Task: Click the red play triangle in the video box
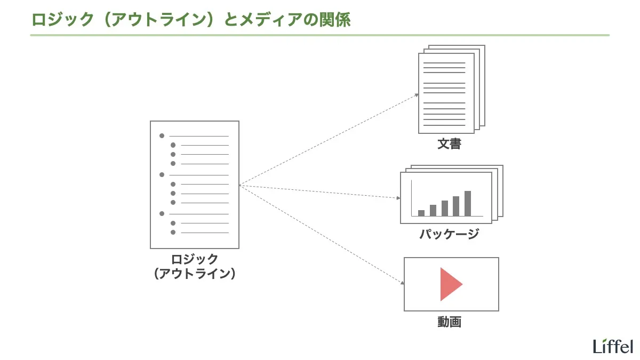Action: (x=449, y=284)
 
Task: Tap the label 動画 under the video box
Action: (x=449, y=322)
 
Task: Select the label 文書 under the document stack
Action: (x=449, y=144)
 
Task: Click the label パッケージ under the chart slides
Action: (x=449, y=234)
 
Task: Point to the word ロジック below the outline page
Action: (x=195, y=259)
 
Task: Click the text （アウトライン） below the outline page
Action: (x=195, y=274)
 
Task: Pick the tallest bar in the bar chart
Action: (x=468, y=203)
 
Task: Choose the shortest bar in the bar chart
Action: (x=421, y=213)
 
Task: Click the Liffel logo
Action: (x=613, y=346)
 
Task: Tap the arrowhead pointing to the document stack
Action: (x=418, y=95)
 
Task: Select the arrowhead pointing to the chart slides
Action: (x=398, y=198)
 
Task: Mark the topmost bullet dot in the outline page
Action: (x=162, y=136)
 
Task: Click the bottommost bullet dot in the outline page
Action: (x=173, y=232)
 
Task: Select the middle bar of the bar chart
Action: (x=445, y=208)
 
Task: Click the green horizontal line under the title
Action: (x=319, y=35)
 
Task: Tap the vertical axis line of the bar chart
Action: (x=412, y=198)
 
